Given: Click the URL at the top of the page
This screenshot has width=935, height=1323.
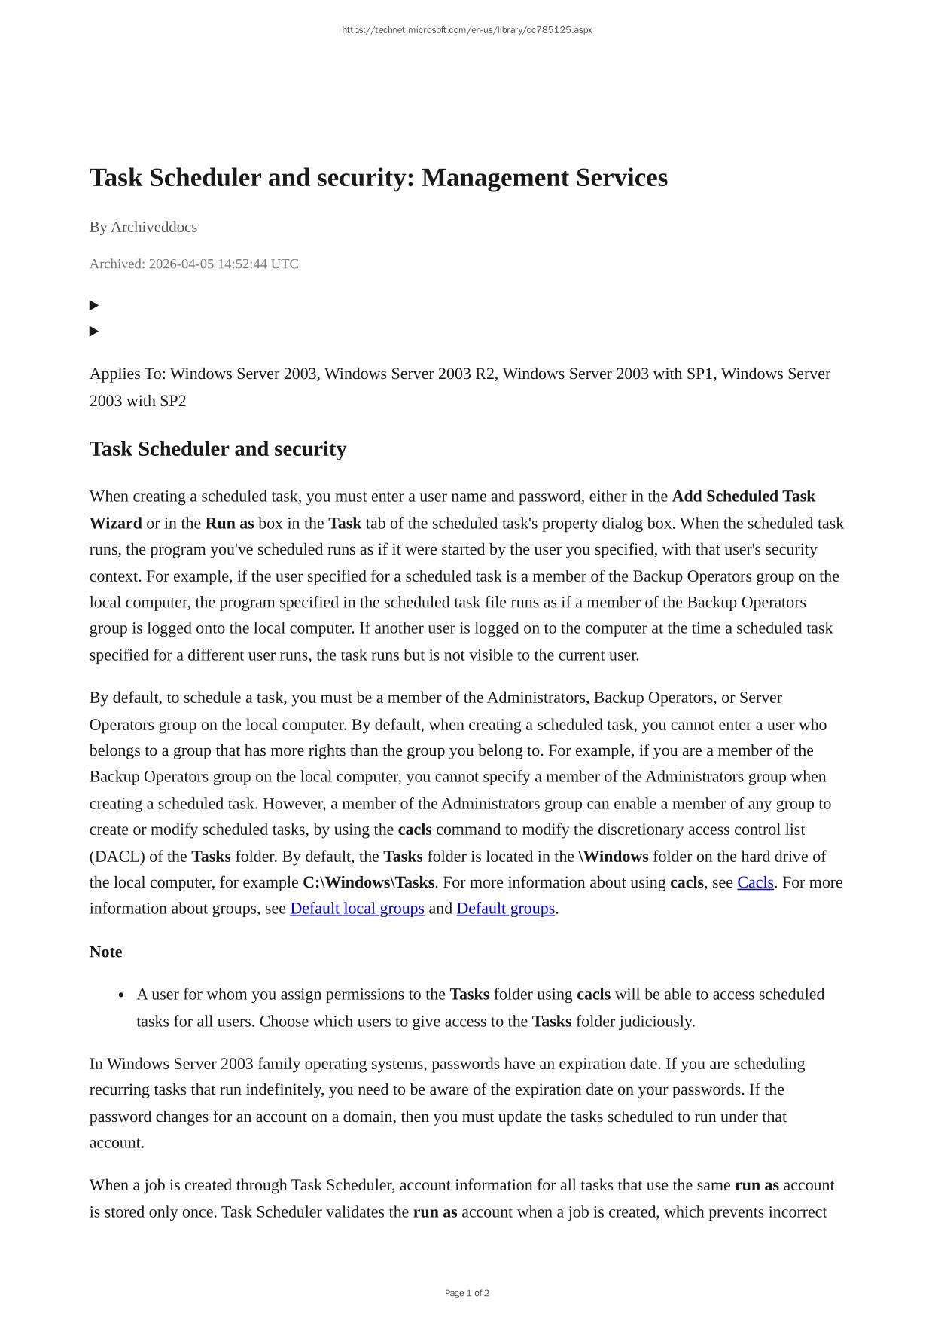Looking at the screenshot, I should [x=467, y=30].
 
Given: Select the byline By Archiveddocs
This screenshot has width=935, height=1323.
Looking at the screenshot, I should [x=143, y=227].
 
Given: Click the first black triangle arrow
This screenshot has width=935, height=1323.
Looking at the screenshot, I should [x=94, y=305].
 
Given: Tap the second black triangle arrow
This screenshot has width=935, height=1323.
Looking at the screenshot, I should [x=94, y=331].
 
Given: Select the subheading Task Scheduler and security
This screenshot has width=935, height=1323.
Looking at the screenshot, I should [x=218, y=449].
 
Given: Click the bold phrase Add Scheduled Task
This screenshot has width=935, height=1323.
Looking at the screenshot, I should [x=743, y=497].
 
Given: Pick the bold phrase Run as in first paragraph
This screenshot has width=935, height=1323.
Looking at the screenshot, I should [x=230, y=523].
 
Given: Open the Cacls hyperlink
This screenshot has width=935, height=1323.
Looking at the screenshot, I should [x=755, y=882].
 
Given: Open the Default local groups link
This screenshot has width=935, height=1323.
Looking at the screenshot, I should [x=357, y=909].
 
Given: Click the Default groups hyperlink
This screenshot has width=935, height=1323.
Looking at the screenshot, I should [x=505, y=909].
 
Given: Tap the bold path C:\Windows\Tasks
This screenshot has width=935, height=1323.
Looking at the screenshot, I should [x=368, y=882].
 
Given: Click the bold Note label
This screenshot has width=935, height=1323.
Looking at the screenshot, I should [x=105, y=952].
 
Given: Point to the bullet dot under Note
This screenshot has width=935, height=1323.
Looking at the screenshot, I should [x=121, y=995].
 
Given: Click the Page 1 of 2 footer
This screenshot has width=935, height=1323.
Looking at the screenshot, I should [x=467, y=1293].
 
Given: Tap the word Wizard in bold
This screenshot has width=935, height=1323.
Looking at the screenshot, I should [x=115, y=523].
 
